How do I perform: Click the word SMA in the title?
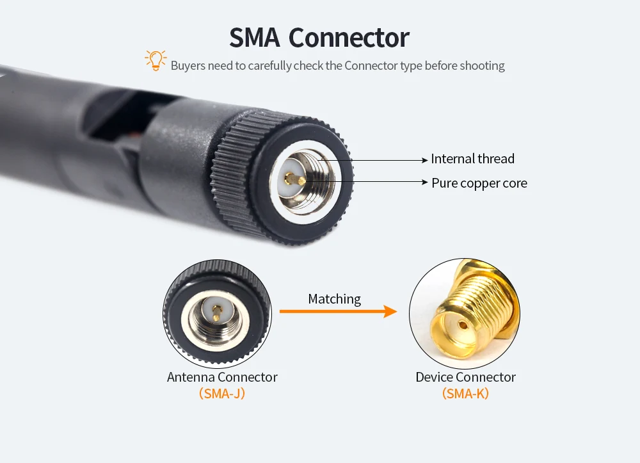click(254, 38)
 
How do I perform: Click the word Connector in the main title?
click(349, 38)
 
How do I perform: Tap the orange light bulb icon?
click(155, 60)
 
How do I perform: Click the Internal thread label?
click(472, 159)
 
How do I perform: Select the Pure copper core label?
click(479, 183)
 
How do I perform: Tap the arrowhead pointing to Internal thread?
click(426, 159)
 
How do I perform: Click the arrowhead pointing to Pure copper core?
click(426, 183)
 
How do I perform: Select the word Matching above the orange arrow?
click(334, 299)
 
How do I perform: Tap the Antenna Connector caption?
click(222, 377)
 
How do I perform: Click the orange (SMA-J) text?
click(222, 394)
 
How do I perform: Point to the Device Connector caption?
click(465, 377)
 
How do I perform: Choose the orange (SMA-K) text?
click(465, 394)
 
